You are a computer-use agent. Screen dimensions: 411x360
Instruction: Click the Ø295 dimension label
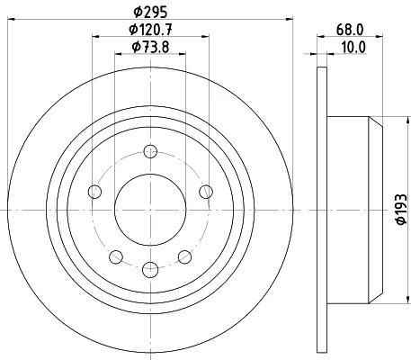tap(150, 12)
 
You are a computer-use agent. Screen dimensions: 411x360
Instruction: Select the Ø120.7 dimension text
tap(150, 30)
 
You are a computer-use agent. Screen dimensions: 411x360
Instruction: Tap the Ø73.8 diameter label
tap(150, 47)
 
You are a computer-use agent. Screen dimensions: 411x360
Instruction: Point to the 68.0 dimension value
tap(350, 30)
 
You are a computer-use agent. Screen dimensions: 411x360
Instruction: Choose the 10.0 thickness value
tap(353, 47)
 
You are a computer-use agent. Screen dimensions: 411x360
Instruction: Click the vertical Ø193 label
tap(401, 209)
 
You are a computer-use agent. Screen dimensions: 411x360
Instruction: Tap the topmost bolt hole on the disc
tap(150, 151)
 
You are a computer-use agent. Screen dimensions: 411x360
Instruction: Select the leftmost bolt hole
tap(94, 192)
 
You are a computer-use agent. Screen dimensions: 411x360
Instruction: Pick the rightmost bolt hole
tap(206, 192)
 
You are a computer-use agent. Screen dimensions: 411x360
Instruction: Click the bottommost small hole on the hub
tap(150, 269)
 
